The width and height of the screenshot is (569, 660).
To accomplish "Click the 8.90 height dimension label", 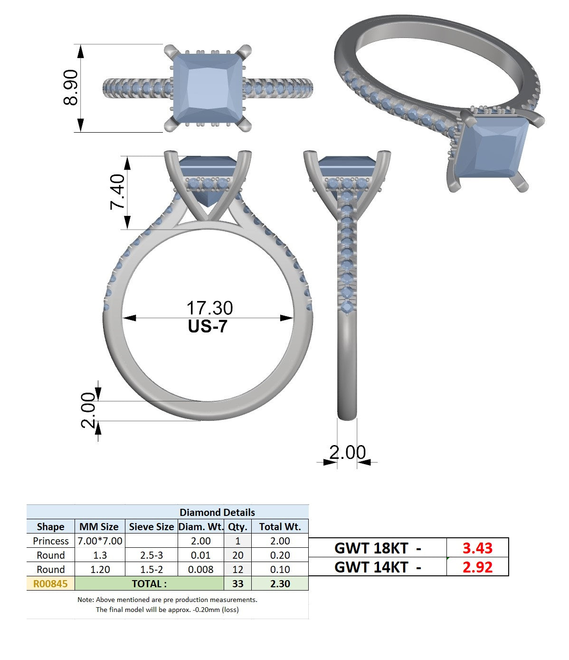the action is click(70, 87).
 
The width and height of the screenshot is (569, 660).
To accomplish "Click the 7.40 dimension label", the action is click(117, 192).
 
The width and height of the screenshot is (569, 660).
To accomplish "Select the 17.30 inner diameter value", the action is click(209, 308).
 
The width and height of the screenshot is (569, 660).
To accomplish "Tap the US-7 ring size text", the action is click(208, 326).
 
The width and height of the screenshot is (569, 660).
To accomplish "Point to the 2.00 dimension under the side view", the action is click(347, 452).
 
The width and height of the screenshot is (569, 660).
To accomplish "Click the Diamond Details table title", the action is click(217, 512).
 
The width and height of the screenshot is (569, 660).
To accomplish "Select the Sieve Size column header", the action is click(151, 526).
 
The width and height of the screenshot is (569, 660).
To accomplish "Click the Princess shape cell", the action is click(51, 541).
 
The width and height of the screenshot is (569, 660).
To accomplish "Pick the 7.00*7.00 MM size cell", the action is click(100, 541).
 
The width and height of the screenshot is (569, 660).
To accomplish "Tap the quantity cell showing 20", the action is click(237, 555).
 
